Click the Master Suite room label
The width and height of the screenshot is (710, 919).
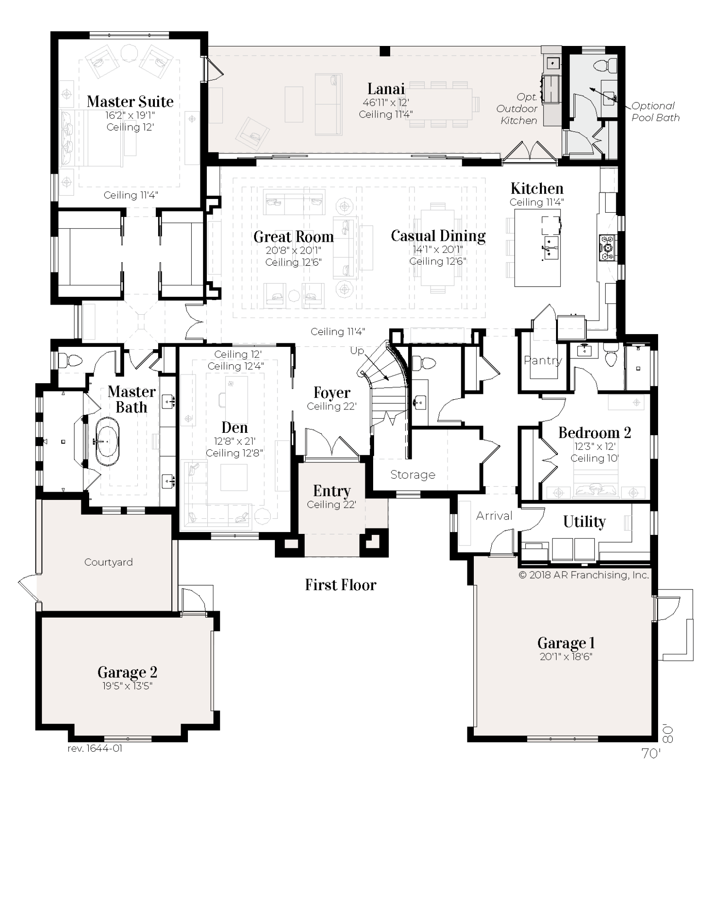(x=130, y=102)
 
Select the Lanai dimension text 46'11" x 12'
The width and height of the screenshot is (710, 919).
(x=386, y=103)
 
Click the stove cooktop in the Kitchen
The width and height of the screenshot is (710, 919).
(x=608, y=248)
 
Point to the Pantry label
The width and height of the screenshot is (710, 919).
(x=543, y=361)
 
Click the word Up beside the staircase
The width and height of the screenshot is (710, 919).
(x=357, y=351)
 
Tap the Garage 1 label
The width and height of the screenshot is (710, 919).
(x=566, y=643)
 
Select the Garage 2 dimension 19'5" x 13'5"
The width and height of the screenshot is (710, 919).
(x=127, y=686)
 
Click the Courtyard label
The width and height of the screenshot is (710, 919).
(x=108, y=562)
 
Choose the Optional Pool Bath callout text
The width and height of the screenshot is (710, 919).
(x=654, y=112)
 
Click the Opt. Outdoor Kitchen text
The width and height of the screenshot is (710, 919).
(x=518, y=109)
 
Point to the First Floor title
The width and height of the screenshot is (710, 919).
(x=341, y=585)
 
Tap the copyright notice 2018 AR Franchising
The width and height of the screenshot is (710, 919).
(x=584, y=575)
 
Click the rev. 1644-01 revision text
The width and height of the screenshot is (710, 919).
(x=95, y=749)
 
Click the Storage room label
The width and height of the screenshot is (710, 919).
(x=413, y=475)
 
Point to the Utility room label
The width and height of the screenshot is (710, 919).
(x=584, y=522)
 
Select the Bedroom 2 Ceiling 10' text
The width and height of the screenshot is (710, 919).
(x=594, y=458)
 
